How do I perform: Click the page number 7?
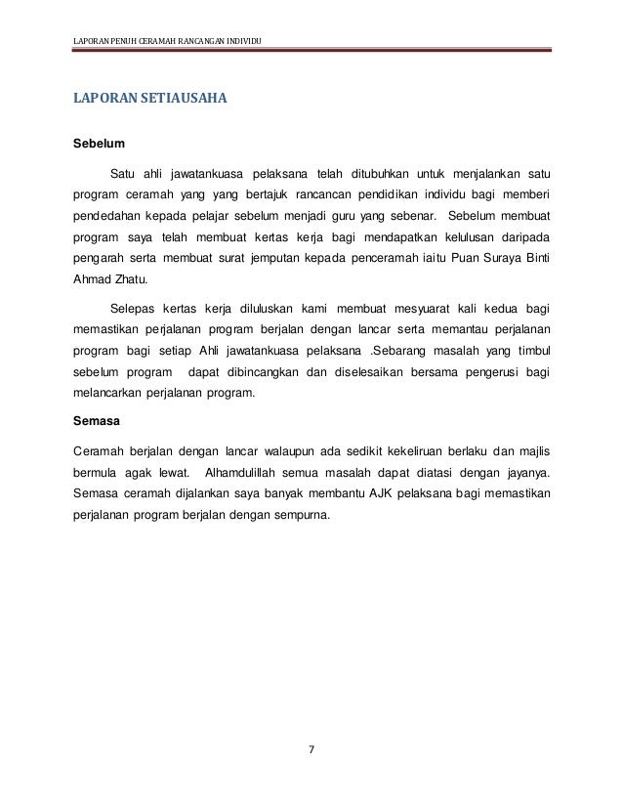pyautogui.click(x=311, y=750)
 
